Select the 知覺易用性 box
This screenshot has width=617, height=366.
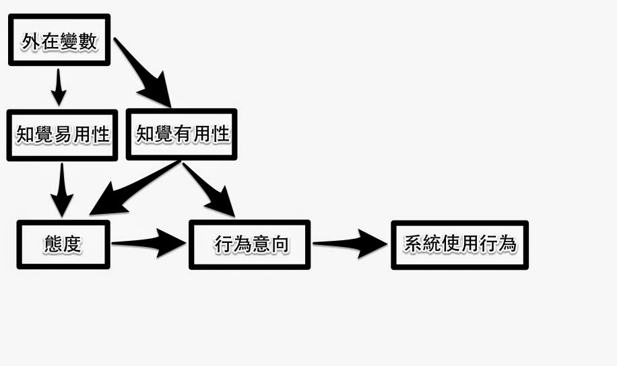click(x=62, y=135)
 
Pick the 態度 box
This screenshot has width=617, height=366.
click(x=63, y=244)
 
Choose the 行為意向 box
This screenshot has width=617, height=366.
click(x=250, y=244)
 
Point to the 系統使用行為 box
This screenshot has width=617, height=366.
click(x=459, y=244)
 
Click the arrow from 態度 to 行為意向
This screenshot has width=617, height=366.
click(x=150, y=242)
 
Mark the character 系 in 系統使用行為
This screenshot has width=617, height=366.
click(x=413, y=244)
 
